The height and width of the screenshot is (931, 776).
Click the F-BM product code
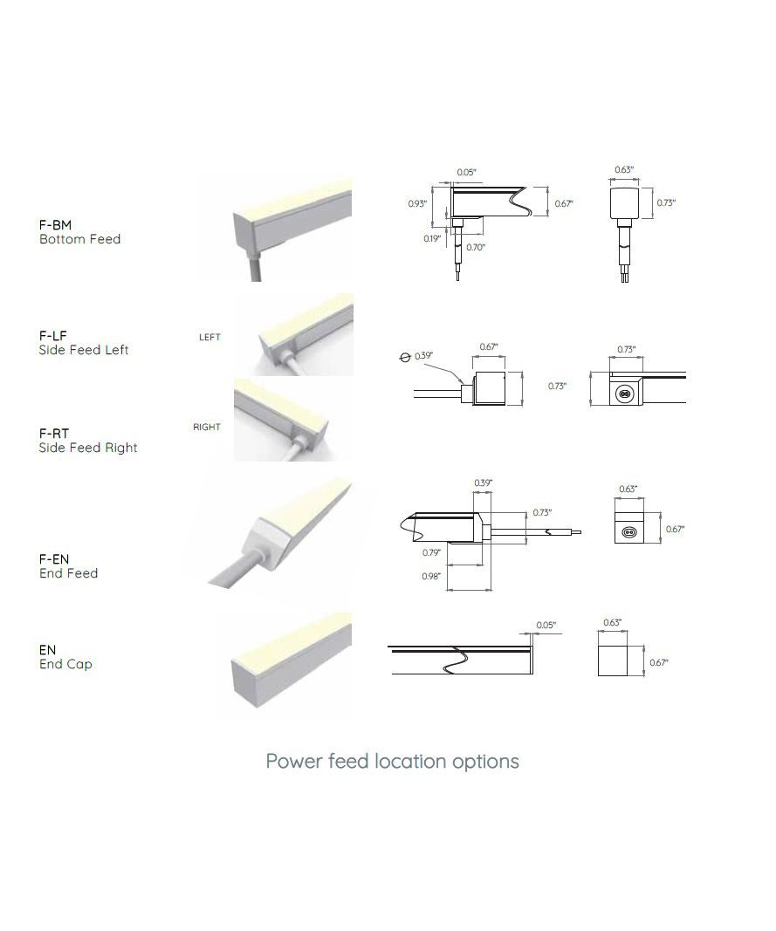pos(55,225)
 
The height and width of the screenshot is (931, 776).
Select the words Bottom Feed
pos(79,239)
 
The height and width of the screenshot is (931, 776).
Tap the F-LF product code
pos(53,336)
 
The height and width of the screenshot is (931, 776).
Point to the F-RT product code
pos(54,434)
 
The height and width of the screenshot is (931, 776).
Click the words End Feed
pos(68,573)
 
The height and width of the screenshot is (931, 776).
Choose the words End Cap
pos(65,664)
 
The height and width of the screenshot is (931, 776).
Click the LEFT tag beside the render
pos(209,338)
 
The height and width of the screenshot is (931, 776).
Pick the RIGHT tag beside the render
pos(207,427)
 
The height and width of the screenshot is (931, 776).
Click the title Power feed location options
pos(392,762)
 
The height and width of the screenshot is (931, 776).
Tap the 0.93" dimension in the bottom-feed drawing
pos(417,203)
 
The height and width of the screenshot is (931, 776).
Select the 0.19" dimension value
pos(432,239)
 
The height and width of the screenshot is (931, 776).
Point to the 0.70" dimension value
pos(476,248)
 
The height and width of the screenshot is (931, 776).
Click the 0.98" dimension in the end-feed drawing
pos(431,577)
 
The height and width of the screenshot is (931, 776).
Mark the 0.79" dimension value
pos(431,553)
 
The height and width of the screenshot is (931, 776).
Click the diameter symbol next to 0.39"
pos(405,358)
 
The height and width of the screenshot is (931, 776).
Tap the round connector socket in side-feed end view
pos(623,392)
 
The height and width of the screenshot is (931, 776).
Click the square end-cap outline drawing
pos(613,661)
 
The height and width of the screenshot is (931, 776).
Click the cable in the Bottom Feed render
pos(254,266)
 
